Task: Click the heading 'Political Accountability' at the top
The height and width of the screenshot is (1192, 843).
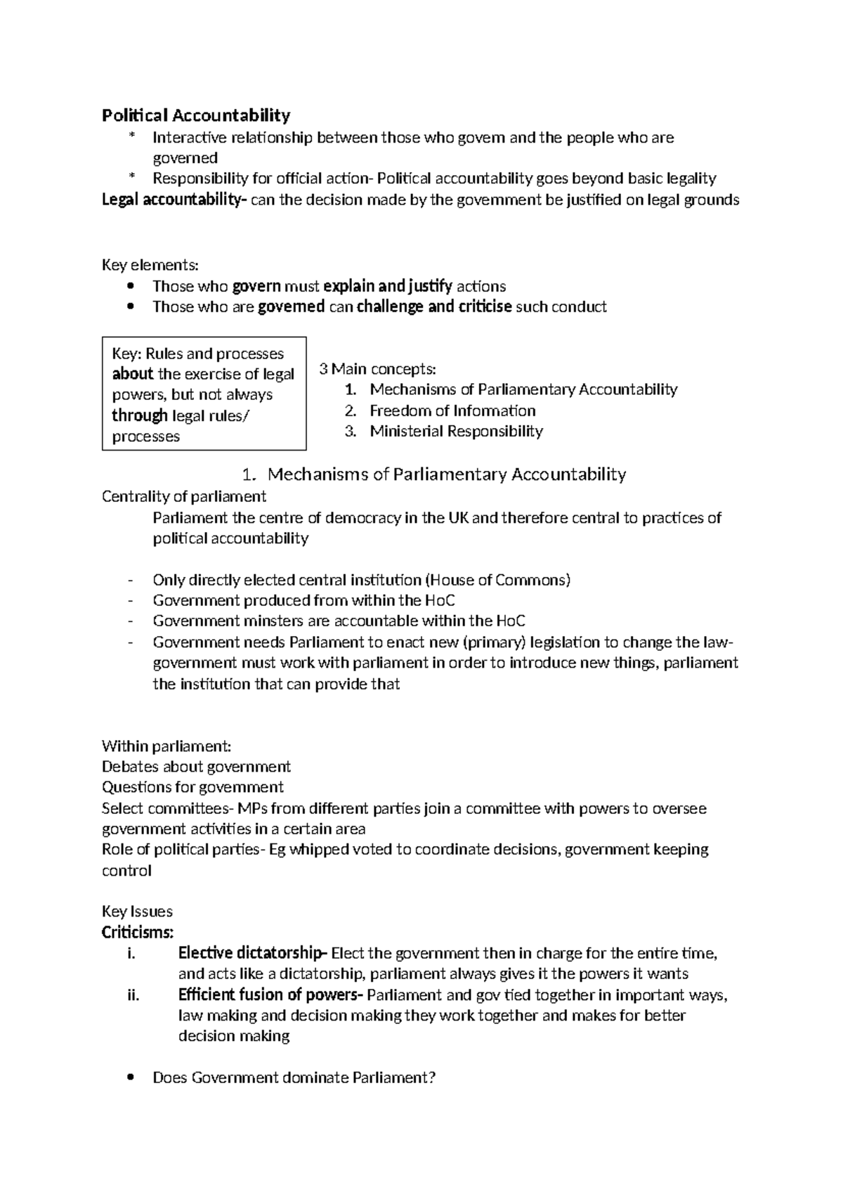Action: (x=196, y=115)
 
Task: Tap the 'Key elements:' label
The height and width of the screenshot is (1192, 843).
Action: (x=150, y=265)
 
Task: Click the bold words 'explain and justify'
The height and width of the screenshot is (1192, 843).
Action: (x=388, y=286)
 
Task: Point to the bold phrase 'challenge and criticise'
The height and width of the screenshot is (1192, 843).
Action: (x=434, y=306)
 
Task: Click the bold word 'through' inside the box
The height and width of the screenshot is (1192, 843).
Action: (x=140, y=415)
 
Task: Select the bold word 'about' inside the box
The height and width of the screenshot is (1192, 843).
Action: (x=132, y=374)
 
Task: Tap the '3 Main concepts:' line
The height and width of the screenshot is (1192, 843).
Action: (x=377, y=369)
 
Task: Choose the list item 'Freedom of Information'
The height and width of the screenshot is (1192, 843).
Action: (x=452, y=410)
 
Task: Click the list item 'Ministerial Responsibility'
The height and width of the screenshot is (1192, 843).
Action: (x=456, y=431)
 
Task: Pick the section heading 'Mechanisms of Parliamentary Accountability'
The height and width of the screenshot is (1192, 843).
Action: (x=447, y=474)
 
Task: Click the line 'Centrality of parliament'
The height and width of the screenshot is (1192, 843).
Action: (x=184, y=497)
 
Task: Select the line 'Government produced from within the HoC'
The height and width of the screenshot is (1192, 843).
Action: (x=303, y=600)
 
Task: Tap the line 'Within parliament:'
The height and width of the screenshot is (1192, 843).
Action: (x=166, y=746)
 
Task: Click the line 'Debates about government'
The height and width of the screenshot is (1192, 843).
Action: (x=196, y=767)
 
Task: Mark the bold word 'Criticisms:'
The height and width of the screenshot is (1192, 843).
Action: (x=138, y=933)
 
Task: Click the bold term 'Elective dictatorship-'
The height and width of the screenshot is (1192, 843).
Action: (x=253, y=954)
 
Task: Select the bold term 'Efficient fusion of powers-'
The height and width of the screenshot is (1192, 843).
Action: (x=271, y=995)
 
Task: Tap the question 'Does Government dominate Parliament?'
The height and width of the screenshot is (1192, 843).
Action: (x=294, y=1077)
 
